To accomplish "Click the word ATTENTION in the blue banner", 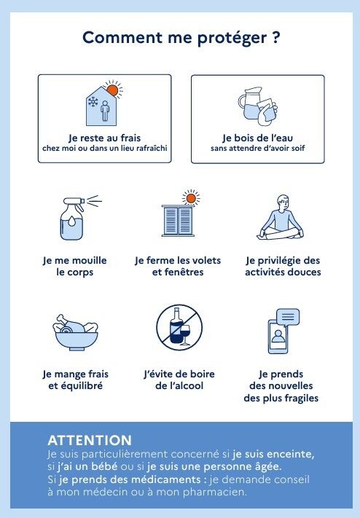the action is click(x=90, y=440).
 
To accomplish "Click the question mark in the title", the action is click(x=276, y=37).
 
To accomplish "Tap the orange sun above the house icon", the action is click(x=113, y=90).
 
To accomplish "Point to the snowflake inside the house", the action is click(x=93, y=102).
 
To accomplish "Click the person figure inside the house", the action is click(x=105, y=111).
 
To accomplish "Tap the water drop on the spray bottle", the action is click(x=72, y=221).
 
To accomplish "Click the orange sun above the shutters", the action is click(x=191, y=198).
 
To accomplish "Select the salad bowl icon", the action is click(x=75, y=332).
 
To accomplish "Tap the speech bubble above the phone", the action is click(x=288, y=318).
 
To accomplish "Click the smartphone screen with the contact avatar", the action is click(x=278, y=337).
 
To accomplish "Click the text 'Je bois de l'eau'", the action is click(x=257, y=138).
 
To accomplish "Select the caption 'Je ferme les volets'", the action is click(x=178, y=260).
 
